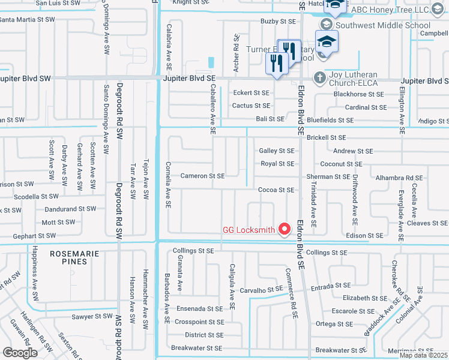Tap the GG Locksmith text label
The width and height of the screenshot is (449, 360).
249,230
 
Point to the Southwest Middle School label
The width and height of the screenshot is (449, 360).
383,25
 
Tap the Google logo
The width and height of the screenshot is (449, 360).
20,352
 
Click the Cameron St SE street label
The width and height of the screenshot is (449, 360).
202,176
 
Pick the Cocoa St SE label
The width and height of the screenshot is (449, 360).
276,190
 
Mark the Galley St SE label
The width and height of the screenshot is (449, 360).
277,151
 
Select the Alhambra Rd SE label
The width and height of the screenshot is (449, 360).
399,178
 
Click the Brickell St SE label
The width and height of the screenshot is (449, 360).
327,138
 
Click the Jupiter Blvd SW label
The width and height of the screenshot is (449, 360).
26,79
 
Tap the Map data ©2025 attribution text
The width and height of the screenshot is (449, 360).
423,355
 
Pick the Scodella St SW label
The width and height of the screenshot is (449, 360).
36,197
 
